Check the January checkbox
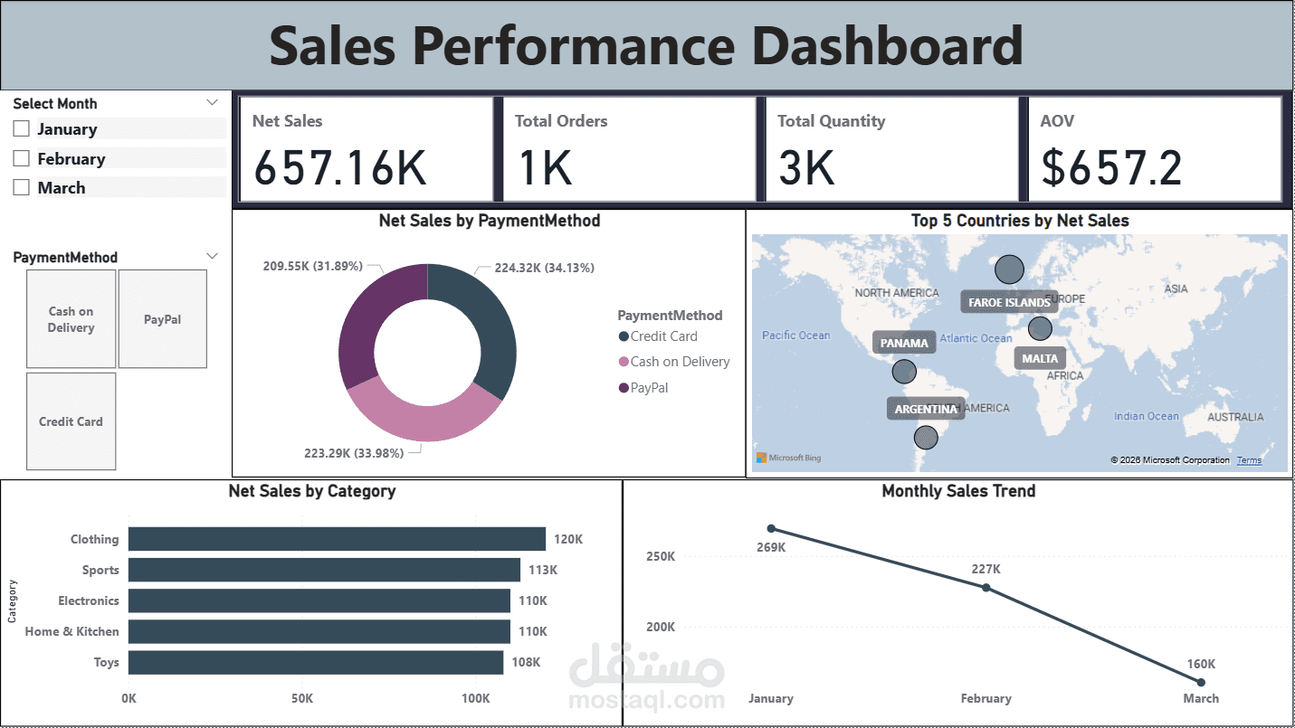click(22, 129)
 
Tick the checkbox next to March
click(22, 188)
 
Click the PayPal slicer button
click(163, 319)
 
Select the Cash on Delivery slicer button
click(71, 319)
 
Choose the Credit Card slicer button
click(71, 421)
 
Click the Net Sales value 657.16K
click(339, 167)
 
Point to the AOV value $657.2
click(1111, 167)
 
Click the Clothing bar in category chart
click(337, 539)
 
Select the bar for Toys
click(316, 662)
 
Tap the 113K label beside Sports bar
click(543, 570)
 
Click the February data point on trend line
click(986, 588)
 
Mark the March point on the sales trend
click(1201, 682)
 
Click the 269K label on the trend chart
click(771, 547)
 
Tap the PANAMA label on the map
click(904, 343)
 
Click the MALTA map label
click(1040, 358)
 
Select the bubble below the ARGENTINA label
click(925, 438)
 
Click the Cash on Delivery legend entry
click(679, 362)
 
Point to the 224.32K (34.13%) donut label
click(544, 268)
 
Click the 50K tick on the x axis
click(302, 698)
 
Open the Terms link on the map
click(1249, 460)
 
